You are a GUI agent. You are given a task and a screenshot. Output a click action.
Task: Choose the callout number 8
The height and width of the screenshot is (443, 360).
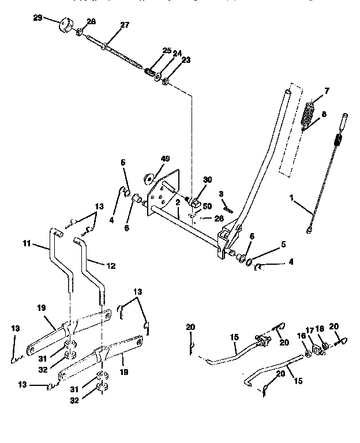click(x=324, y=114)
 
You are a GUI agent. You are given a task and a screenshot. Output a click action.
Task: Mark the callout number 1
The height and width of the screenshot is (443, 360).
click(x=292, y=197)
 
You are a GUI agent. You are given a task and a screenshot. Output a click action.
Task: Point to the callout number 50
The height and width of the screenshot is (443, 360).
click(x=207, y=206)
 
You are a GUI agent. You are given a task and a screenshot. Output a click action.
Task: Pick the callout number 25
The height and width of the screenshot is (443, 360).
click(x=167, y=51)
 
